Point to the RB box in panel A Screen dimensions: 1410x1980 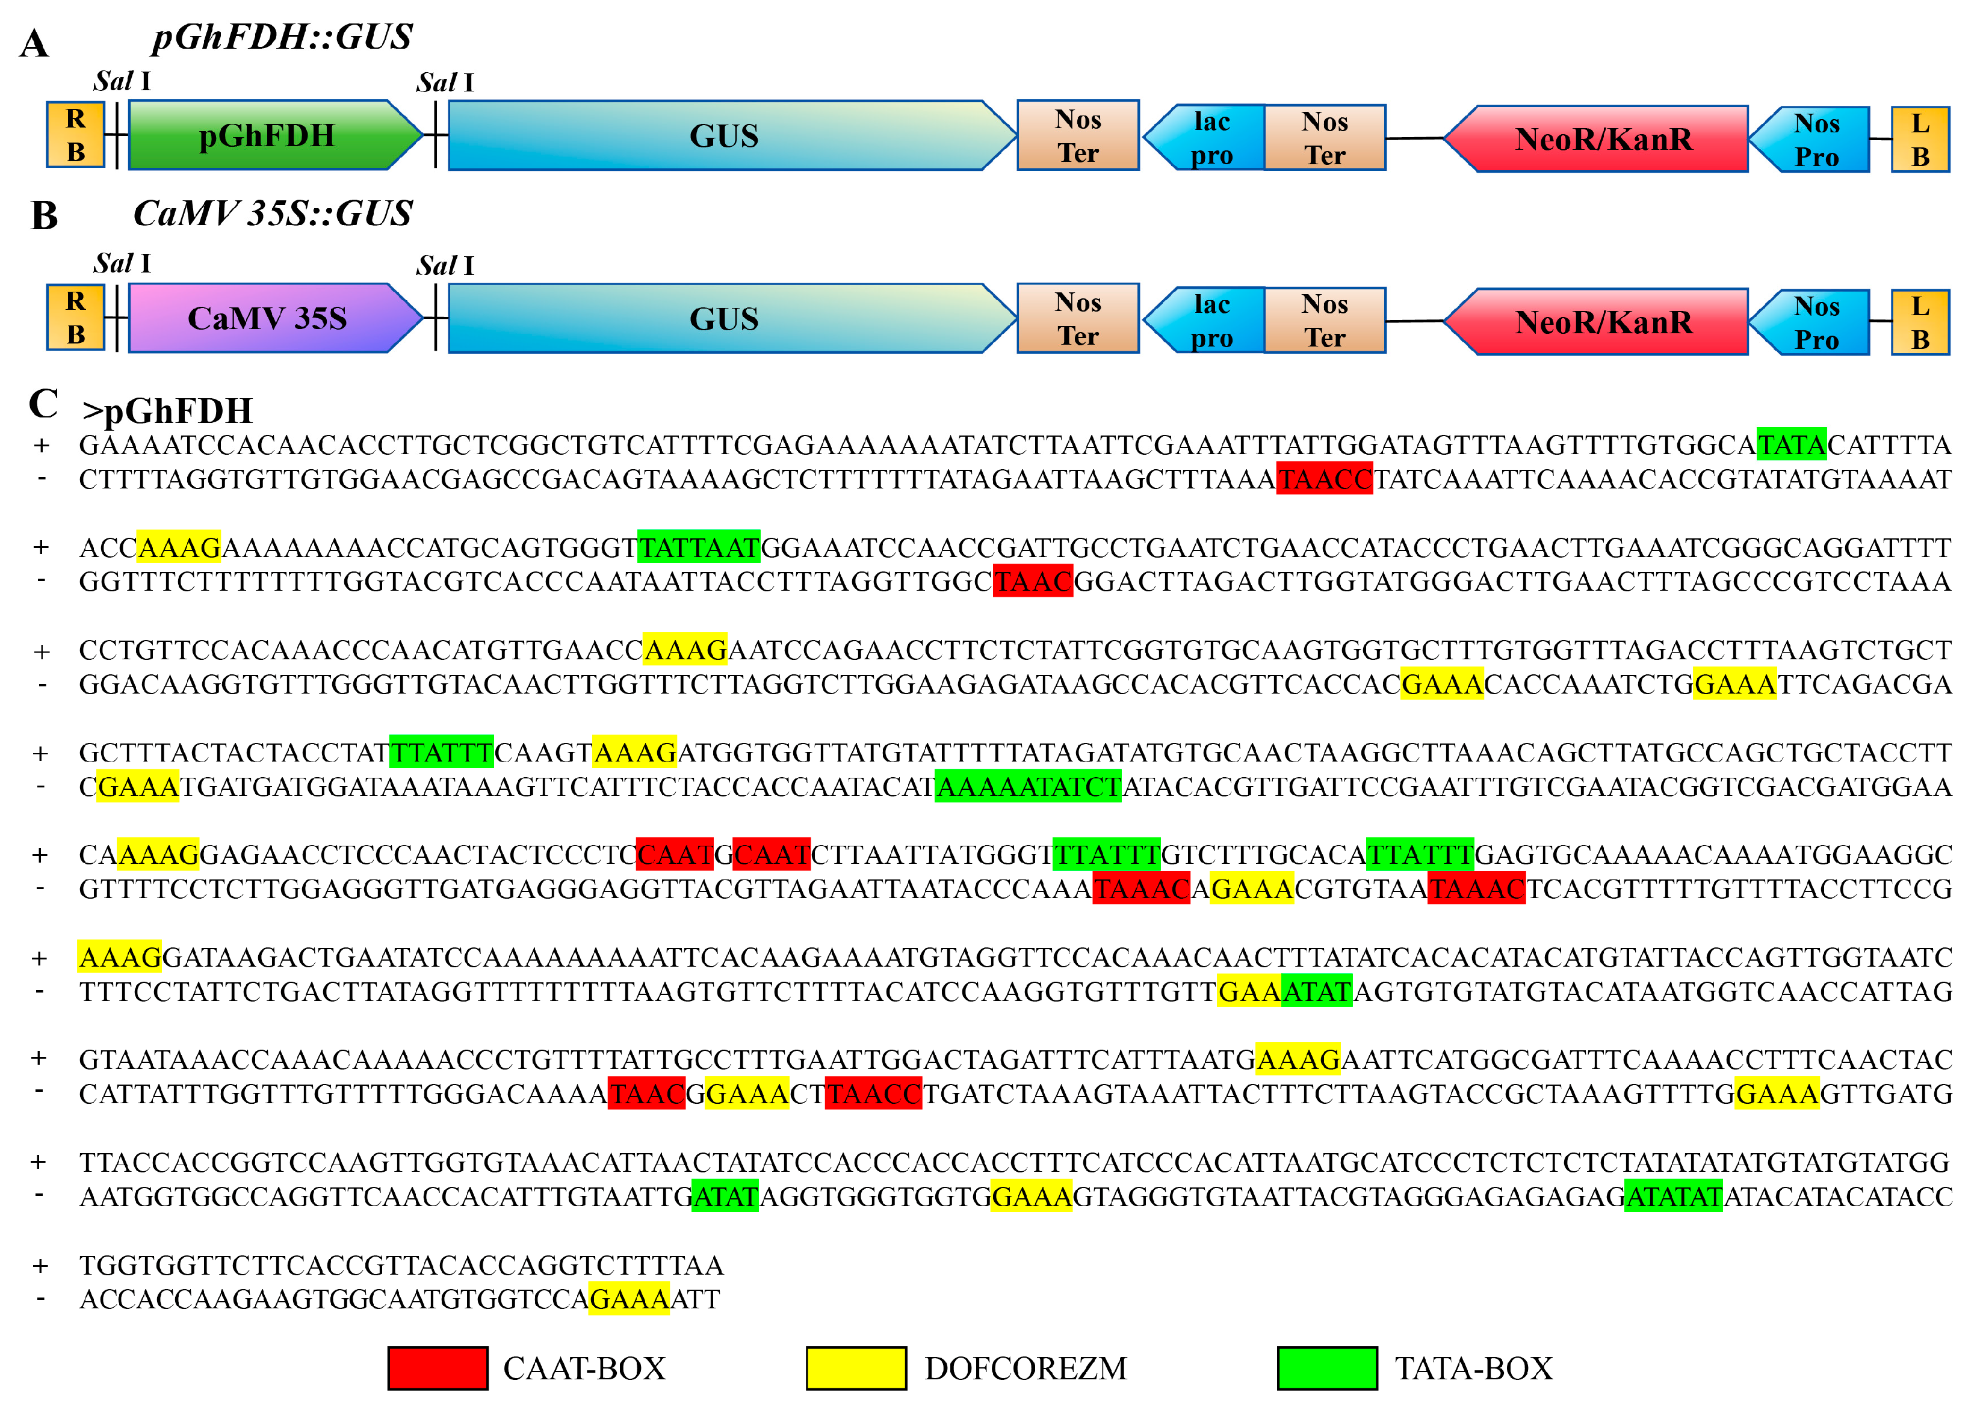click(76, 135)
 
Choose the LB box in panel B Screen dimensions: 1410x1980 click(1920, 322)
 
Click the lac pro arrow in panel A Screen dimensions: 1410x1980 click(1209, 138)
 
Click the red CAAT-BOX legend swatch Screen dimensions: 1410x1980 click(438, 1368)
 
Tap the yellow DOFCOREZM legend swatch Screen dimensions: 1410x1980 click(856, 1368)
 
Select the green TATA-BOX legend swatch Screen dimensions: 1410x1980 click(1327, 1368)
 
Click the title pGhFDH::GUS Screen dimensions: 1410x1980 click(282, 37)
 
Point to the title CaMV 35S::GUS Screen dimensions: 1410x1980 click(273, 214)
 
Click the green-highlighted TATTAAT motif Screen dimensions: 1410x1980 click(699, 547)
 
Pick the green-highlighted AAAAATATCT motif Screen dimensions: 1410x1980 click(1028, 787)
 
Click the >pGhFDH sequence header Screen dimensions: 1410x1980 click(167, 411)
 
